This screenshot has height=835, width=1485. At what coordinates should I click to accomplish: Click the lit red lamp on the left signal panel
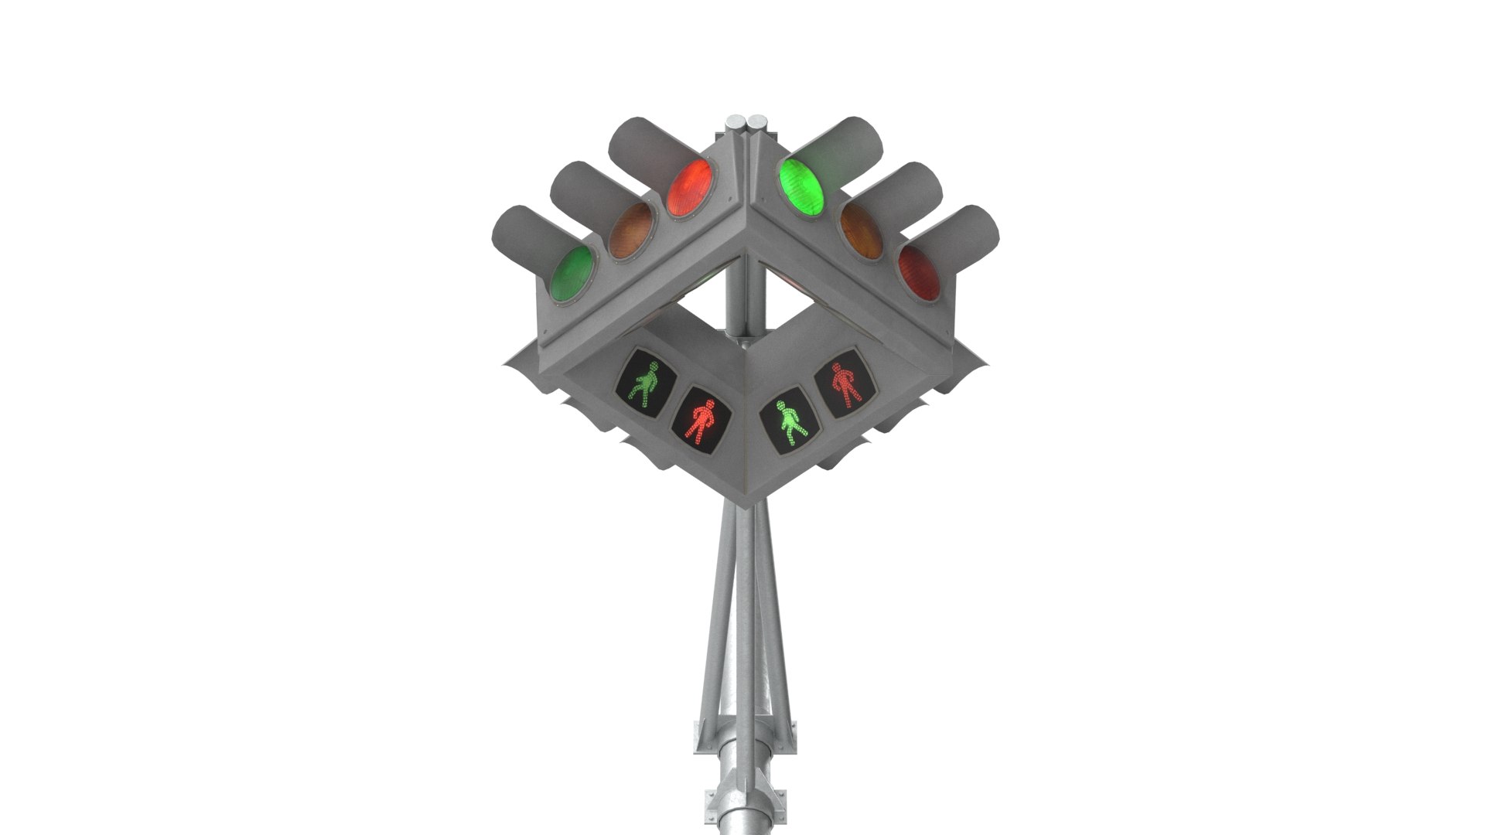690,188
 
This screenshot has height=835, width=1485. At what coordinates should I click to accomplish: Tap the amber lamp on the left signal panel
630,230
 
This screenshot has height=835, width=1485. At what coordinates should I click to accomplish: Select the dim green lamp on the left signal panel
573,274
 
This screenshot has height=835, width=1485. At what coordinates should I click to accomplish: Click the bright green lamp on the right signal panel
801,187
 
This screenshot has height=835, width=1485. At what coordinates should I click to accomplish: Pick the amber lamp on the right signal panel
862,230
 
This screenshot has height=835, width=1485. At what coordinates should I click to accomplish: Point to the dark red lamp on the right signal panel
919,272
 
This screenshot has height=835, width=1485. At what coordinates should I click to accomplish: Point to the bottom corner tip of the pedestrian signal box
745,506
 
